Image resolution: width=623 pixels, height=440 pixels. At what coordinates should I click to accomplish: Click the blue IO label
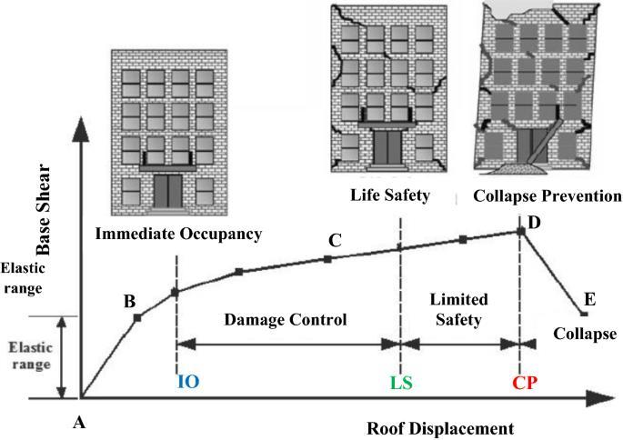(187, 382)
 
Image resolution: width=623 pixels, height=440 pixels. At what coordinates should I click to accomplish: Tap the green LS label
(401, 382)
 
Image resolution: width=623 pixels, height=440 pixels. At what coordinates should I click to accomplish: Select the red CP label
(525, 382)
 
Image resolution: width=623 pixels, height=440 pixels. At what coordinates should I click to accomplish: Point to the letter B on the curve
(129, 301)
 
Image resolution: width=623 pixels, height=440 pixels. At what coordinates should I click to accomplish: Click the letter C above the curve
(334, 241)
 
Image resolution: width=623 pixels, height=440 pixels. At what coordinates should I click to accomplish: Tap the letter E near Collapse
(590, 298)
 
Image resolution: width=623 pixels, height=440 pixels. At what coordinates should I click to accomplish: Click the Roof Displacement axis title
(440, 427)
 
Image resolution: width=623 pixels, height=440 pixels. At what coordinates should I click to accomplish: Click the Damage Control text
(286, 320)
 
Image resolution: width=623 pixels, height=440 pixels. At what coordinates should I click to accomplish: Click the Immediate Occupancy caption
(178, 234)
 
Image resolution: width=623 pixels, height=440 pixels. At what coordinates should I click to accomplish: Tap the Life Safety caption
(389, 195)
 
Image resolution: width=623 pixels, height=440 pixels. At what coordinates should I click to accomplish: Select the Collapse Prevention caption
(548, 195)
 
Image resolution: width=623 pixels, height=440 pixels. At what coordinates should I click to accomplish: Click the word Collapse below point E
(586, 332)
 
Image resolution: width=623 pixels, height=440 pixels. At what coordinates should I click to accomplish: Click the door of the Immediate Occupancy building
(167, 190)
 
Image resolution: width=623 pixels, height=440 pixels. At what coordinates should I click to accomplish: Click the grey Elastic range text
(30, 356)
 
